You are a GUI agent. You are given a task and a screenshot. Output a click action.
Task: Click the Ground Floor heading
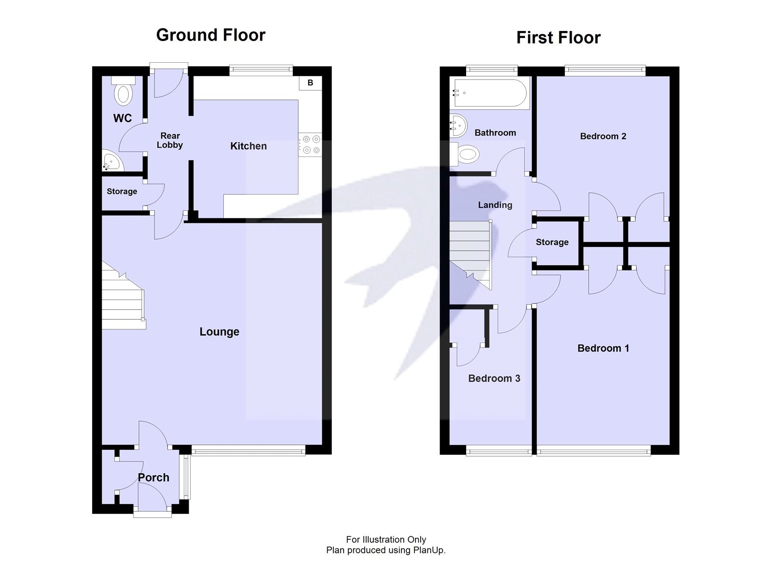click(211, 35)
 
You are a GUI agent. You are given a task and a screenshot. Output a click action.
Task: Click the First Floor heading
click(558, 38)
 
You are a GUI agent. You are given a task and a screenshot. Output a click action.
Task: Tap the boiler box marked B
click(310, 83)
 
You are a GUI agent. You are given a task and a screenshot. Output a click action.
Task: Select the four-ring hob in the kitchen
click(310, 145)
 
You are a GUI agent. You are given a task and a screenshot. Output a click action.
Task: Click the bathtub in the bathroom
click(489, 93)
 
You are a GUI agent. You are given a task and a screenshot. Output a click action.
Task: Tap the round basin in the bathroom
click(458, 125)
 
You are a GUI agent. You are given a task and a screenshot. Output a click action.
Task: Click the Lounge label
click(220, 332)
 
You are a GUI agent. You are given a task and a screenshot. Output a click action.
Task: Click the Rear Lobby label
click(170, 140)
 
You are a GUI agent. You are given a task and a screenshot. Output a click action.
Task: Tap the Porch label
click(153, 478)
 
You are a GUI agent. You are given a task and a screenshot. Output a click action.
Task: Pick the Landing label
click(495, 205)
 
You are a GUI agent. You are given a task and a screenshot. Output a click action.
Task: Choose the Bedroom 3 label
click(494, 379)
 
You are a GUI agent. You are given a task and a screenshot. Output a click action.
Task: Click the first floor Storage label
click(552, 242)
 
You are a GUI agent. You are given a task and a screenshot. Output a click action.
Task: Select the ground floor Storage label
click(122, 192)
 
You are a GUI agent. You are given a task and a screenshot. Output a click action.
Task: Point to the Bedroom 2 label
click(603, 137)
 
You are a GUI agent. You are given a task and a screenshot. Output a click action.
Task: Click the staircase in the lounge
click(122, 299)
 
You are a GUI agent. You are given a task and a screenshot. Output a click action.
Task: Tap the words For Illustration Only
click(386, 540)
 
